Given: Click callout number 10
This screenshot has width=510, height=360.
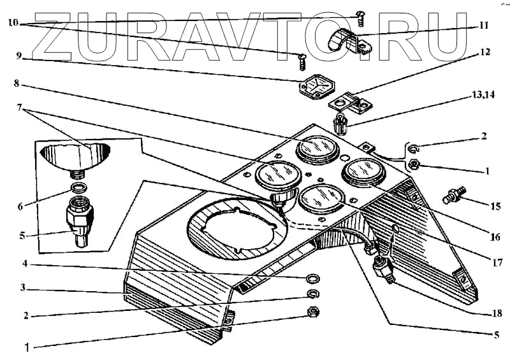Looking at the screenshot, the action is tap(13, 23).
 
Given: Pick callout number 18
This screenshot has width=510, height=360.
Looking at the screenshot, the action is tap(497, 313).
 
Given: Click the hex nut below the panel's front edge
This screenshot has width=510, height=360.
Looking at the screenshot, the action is tap(313, 312).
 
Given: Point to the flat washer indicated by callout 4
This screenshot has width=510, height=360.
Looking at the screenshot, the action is tap(314, 278).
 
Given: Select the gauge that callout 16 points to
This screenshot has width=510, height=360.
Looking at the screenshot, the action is tap(362, 173).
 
